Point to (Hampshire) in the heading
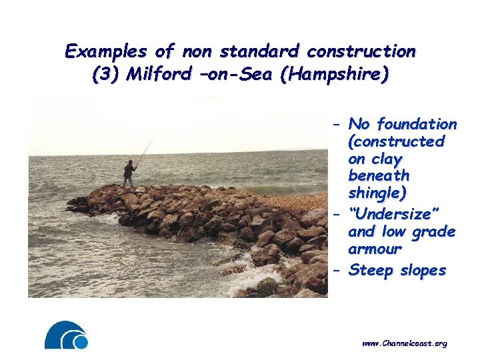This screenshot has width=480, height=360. click(x=335, y=75)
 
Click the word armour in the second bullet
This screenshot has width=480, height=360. click(x=375, y=249)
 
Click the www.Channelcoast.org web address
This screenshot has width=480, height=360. click(x=404, y=343)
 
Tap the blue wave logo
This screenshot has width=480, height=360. click(x=66, y=335)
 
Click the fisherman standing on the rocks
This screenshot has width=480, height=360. click(x=129, y=173)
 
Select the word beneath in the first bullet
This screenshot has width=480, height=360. click(x=379, y=177)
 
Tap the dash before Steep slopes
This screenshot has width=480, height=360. click(x=337, y=270)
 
